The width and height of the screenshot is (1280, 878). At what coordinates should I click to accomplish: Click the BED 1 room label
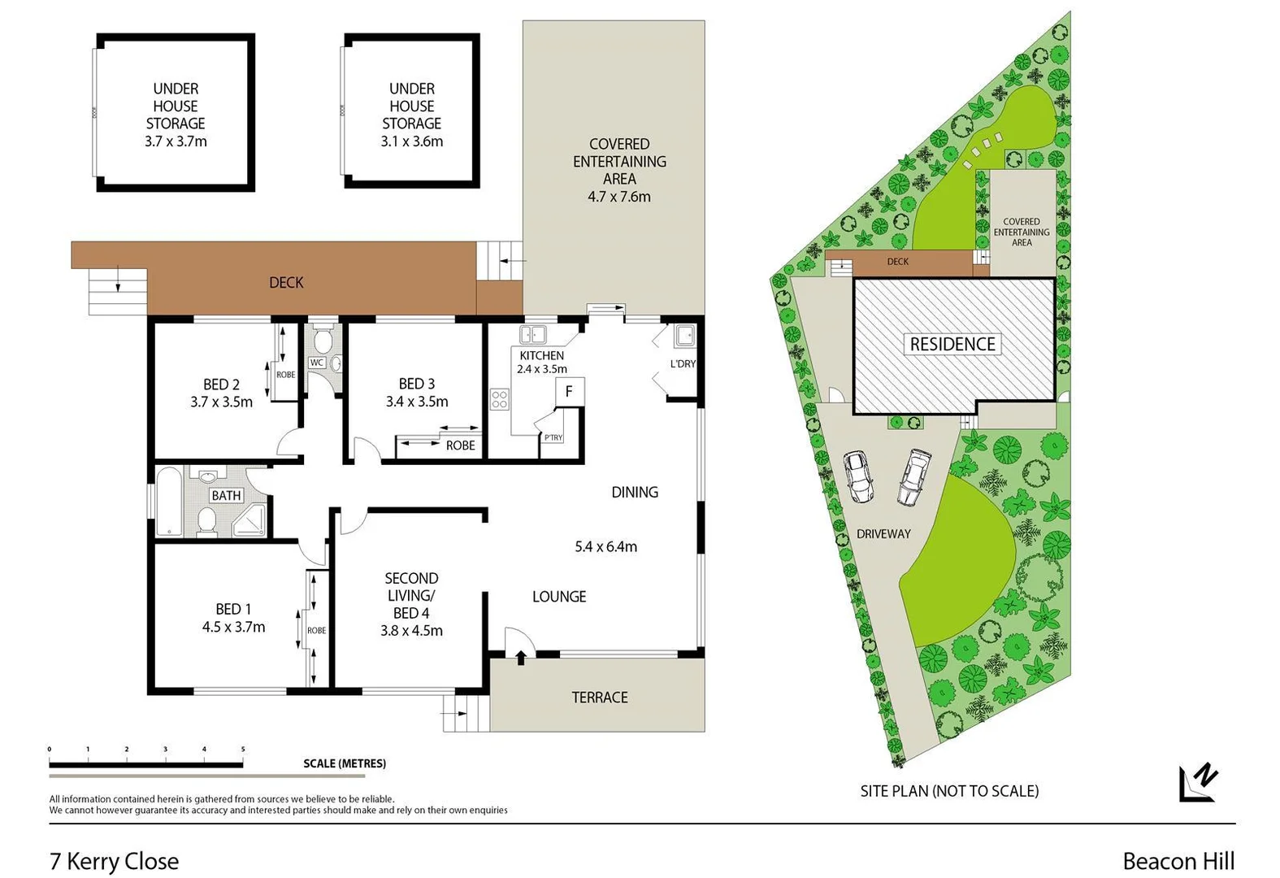233,609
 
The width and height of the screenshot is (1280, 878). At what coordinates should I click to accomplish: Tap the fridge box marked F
569,392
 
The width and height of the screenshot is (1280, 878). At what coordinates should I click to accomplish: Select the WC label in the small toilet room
316,363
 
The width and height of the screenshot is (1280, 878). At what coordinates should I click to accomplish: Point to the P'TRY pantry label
553,437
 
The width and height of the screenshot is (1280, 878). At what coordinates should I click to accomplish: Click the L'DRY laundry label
683,363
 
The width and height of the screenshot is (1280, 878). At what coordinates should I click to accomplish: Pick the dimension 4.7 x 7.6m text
619,197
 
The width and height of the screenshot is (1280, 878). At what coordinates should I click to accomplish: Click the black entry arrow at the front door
520,657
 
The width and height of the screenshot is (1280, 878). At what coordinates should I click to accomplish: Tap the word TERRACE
600,698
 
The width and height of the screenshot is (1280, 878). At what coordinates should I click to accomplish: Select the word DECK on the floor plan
286,283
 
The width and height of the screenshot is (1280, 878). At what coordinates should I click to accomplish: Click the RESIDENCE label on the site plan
952,345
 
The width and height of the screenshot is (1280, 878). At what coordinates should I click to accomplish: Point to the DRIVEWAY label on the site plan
883,534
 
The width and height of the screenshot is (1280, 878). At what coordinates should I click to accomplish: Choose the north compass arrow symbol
1198,783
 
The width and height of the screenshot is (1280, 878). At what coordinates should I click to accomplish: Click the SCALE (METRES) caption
345,763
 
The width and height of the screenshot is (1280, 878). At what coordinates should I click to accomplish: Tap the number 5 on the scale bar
243,750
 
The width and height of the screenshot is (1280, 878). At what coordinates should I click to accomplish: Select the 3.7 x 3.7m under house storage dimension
176,141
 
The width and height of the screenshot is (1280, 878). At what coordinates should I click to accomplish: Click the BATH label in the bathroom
226,495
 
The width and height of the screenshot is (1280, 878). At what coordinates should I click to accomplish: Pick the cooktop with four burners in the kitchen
499,399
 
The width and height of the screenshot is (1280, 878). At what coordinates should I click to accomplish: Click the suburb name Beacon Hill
1178,861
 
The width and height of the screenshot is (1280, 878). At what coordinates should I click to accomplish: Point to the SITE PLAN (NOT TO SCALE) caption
949,791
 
